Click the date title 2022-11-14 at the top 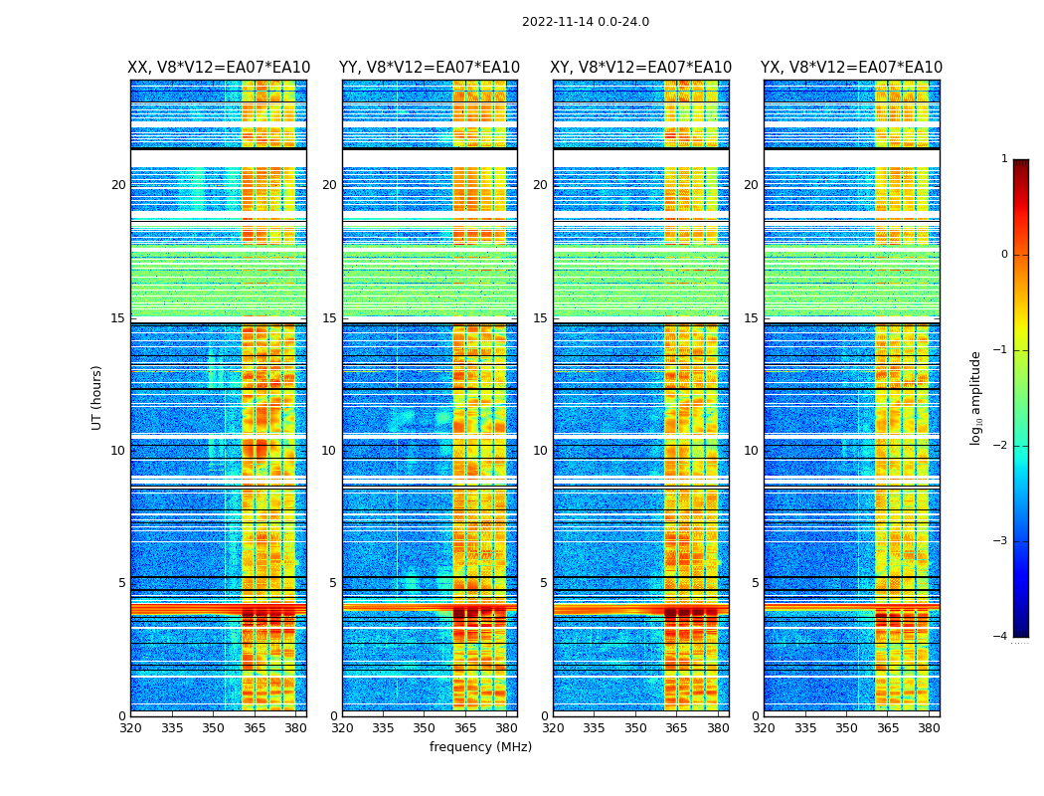coord(585,22)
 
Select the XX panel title coord(219,68)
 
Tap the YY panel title coord(430,68)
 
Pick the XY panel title coord(641,68)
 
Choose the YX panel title coord(852,68)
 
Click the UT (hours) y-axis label coord(97,397)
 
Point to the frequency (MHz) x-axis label coord(480,747)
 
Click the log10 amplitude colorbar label coord(976,397)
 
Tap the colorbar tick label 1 coord(1003,159)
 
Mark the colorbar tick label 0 coord(1003,255)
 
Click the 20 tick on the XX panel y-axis coord(118,185)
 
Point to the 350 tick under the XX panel coord(213,727)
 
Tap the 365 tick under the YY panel coord(465,727)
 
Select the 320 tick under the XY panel coord(553,727)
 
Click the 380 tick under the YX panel coord(929,727)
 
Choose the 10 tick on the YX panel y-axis coord(752,451)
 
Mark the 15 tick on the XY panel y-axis coord(540,318)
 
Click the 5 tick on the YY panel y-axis coord(333,583)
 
